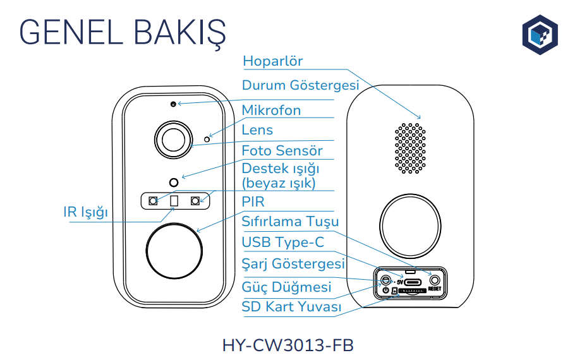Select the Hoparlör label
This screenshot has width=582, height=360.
point(273,61)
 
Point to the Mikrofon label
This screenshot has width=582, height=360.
point(271,111)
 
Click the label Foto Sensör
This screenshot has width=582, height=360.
point(282,150)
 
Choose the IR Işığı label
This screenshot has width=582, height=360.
point(85,212)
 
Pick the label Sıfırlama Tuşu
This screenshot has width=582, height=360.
point(290,222)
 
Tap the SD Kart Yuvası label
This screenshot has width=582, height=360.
point(291,307)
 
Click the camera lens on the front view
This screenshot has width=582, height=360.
point(173,138)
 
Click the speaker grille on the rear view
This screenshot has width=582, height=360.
point(409,148)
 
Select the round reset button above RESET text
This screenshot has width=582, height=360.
point(434,279)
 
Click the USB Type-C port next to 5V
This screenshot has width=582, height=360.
point(414,282)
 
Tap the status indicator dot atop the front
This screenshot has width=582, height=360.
point(173,103)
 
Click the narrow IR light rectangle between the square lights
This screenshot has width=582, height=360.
point(174,201)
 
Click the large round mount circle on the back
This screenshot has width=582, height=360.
point(411,224)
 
